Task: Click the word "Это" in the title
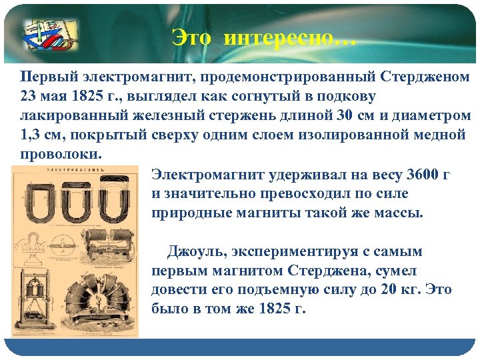point(191,37)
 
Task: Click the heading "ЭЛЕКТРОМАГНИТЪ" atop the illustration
point(73,171)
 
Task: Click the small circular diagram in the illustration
point(37,247)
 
